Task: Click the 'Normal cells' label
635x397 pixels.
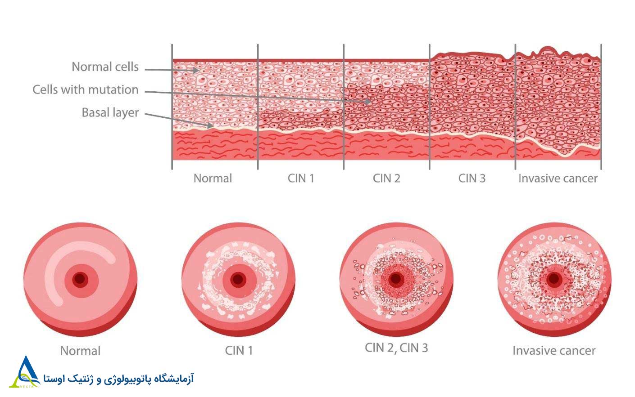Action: [105, 67]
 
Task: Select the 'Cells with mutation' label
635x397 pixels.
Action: [86, 90]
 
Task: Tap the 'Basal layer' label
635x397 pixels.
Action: [110, 112]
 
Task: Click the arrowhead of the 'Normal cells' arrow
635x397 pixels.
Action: [195, 70]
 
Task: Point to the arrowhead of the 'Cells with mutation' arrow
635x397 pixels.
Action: [367, 101]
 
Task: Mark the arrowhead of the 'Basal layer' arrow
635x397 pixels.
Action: [210, 125]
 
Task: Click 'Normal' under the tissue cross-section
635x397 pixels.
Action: [213, 178]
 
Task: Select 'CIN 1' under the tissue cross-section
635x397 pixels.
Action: [301, 178]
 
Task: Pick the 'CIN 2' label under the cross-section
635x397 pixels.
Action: [386, 178]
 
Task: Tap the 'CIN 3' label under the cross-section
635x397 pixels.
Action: [472, 178]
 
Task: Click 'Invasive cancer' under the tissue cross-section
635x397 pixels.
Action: [558, 178]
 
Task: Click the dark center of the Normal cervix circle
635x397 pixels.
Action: [80, 279]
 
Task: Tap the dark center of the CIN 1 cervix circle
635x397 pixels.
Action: [238, 279]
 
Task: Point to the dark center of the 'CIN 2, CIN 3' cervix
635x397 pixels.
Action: [396, 279]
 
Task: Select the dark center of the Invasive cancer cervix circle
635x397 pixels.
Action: [554, 279]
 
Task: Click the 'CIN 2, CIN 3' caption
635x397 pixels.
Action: [396, 348]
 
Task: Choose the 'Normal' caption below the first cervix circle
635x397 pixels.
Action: [80, 351]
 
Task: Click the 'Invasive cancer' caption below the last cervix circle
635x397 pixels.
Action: [554, 351]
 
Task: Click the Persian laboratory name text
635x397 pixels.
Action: [118, 379]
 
